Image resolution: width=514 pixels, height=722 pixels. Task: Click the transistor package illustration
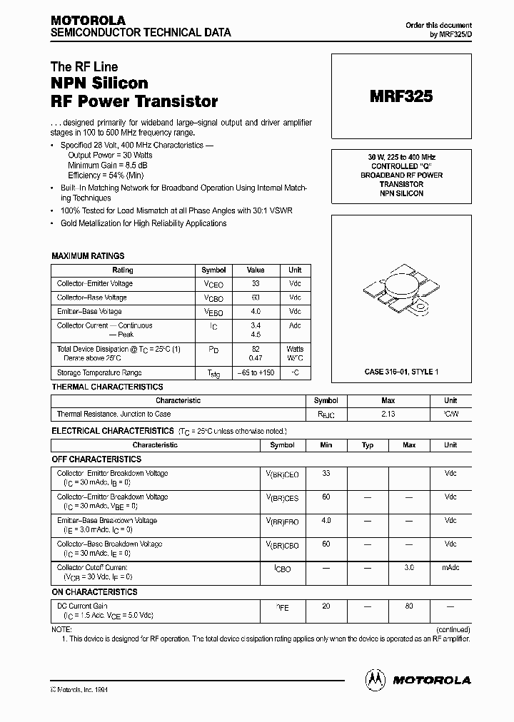coord(400,293)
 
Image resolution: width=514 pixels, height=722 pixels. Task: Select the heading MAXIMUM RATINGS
coord(88,255)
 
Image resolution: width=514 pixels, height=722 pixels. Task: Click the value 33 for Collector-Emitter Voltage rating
coord(256,283)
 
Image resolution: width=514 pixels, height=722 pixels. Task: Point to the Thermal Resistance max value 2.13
coord(388,414)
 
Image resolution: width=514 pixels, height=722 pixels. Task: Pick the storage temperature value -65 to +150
coord(256,372)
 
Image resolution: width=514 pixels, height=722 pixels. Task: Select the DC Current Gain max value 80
coord(409,605)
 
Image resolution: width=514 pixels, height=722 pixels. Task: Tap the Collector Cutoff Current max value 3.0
coord(409,568)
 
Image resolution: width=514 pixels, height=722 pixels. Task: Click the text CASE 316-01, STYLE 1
coord(400,372)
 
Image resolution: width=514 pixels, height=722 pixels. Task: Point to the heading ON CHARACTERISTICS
coord(94,591)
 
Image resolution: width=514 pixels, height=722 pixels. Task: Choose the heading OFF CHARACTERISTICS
coord(96,459)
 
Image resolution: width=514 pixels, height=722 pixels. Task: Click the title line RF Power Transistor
coord(133,101)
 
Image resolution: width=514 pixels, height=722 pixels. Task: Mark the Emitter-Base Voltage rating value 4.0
coord(256,311)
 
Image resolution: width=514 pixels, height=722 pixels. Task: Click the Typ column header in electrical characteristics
coord(368,444)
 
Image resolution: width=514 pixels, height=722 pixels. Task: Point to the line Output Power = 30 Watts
coord(110,154)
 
